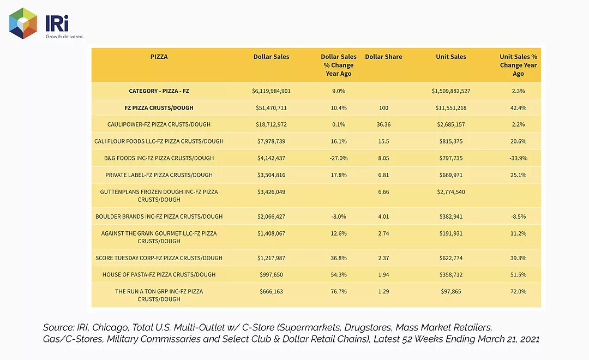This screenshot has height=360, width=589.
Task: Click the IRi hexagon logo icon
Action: pyautogui.click(x=23, y=23)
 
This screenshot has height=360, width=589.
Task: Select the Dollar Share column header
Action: pyautogui.click(x=383, y=57)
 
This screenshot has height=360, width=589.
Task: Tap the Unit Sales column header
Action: pyautogui.click(x=451, y=57)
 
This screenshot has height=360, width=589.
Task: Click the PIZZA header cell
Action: pyautogui.click(x=159, y=57)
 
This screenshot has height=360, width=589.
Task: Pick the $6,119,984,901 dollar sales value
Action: pyautogui.click(x=271, y=91)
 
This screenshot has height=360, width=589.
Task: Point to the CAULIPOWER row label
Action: pyautogui.click(x=159, y=124)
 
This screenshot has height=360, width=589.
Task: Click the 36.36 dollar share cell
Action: pyautogui.click(x=383, y=124)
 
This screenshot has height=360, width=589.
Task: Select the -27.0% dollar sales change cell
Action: pyautogui.click(x=339, y=158)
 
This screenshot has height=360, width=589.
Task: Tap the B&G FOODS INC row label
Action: pyautogui.click(x=159, y=158)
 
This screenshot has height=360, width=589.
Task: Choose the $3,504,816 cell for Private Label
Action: pyautogui.click(x=271, y=175)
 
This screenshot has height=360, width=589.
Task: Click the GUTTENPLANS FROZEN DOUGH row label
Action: pyautogui.click(x=159, y=196)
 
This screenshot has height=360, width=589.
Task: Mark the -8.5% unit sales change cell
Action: pyautogui.click(x=519, y=217)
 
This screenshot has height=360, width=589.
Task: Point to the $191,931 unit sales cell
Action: pyautogui.click(x=451, y=233)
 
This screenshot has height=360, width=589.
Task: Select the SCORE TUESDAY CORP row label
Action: pyautogui.click(x=159, y=258)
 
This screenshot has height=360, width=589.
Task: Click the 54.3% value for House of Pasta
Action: pyautogui.click(x=339, y=275)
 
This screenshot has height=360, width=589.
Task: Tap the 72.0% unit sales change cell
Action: pyautogui.click(x=519, y=292)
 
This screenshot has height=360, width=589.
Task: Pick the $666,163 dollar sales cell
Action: pyautogui.click(x=271, y=292)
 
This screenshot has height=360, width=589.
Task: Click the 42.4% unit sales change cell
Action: pyautogui.click(x=519, y=108)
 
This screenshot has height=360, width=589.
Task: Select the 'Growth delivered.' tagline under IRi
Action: pyautogui.click(x=64, y=37)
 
